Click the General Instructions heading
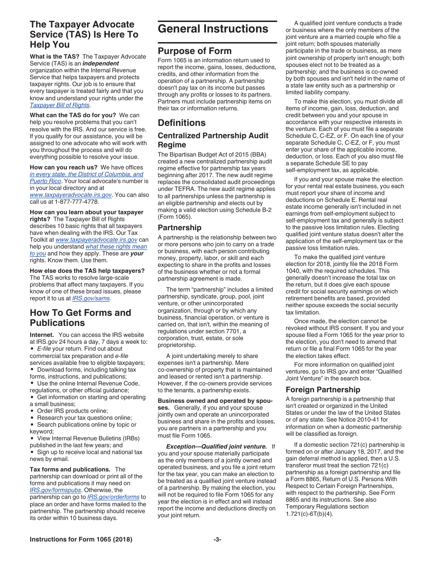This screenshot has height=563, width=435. (213, 29)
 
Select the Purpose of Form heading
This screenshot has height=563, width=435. (195, 51)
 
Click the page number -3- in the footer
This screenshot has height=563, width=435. (217, 540)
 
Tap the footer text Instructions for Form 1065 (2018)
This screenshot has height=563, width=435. (81, 540)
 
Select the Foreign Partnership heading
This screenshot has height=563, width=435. (323, 390)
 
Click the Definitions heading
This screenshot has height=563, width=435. (182, 123)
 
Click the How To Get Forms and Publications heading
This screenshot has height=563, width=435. (81, 318)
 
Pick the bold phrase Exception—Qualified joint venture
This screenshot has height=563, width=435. (216, 446)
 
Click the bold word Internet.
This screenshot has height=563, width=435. (42, 335)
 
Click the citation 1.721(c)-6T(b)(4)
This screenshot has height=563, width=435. (310, 514)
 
